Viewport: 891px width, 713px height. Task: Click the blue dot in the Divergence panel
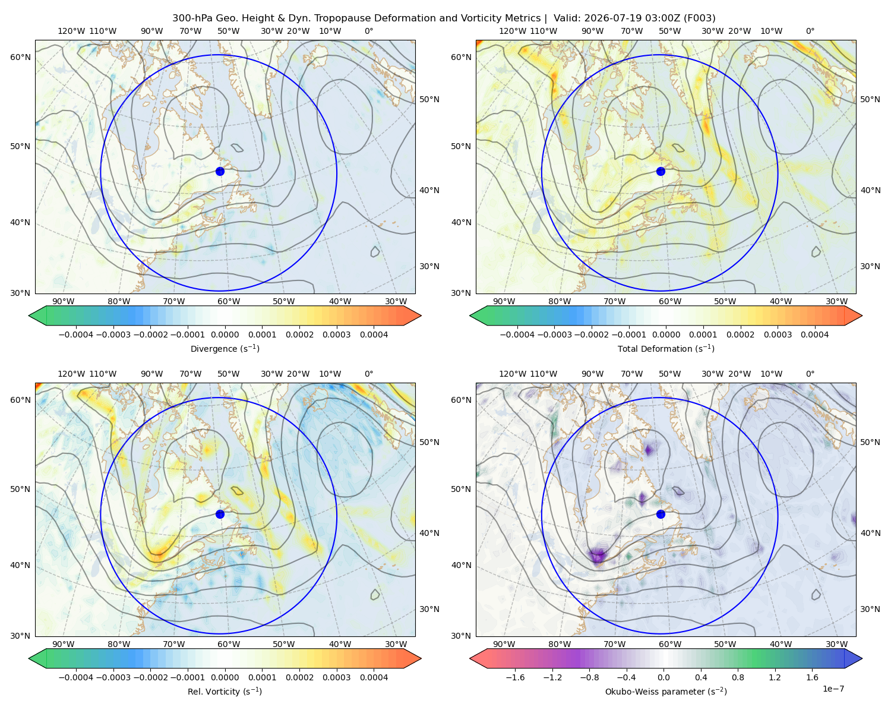(220, 171)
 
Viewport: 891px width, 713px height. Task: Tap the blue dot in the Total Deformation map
(661, 171)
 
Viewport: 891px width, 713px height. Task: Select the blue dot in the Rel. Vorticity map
(220, 514)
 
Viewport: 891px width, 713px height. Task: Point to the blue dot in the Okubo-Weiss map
(661, 514)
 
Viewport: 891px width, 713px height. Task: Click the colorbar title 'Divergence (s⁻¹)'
(225, 348)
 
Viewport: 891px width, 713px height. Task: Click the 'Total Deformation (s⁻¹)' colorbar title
(666, 348)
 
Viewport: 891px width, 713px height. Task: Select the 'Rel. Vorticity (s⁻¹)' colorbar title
(225, 691)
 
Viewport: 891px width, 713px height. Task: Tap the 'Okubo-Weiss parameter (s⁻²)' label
(666, 691)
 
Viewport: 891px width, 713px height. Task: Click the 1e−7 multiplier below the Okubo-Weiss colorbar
(833, 689)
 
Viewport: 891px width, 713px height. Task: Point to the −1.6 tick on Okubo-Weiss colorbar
(515, 677)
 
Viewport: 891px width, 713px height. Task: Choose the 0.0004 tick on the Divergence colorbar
(374, 335)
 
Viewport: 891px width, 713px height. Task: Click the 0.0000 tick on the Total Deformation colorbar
(666, 335)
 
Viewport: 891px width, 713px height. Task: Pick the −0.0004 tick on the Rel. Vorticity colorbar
(76, 677)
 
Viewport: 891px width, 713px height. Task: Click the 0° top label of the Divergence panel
(369, 31)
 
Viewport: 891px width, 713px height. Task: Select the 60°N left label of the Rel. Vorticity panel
(20, 400)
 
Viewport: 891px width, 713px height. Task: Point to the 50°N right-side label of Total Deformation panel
(870, 99)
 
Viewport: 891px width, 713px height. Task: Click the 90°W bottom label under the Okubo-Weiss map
(504, 644)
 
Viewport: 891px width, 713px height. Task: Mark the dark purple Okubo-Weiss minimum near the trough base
(598, 555)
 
